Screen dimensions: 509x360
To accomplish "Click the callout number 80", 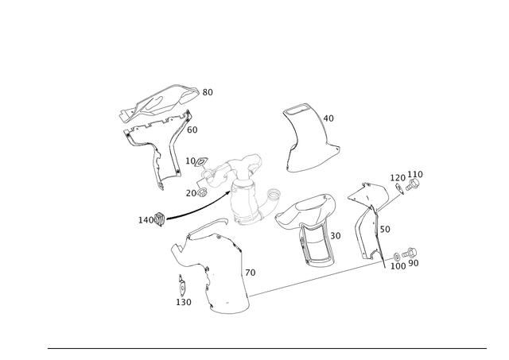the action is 208,92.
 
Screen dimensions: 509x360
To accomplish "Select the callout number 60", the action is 192,130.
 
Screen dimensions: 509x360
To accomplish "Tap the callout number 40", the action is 328,118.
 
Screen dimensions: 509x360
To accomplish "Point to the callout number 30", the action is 336,236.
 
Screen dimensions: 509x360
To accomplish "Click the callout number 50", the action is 385,230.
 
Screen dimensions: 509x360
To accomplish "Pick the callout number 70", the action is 251,273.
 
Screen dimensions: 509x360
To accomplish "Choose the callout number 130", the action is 184,302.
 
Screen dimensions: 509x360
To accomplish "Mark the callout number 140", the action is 146,220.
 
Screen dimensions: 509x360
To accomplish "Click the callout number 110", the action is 415,175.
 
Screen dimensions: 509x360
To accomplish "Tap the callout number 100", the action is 398,266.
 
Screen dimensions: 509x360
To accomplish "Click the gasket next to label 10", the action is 201,161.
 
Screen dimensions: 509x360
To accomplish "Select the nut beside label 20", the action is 202,192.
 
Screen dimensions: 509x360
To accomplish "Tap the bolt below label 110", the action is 413,184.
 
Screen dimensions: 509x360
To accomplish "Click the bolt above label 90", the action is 410,253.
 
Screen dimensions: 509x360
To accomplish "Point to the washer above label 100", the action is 397,257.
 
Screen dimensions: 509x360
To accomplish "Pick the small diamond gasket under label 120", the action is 399,189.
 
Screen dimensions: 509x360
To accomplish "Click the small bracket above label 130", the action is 182,286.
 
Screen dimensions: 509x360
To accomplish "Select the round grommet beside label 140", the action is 160,219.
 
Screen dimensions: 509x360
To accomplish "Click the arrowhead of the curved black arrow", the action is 228,192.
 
